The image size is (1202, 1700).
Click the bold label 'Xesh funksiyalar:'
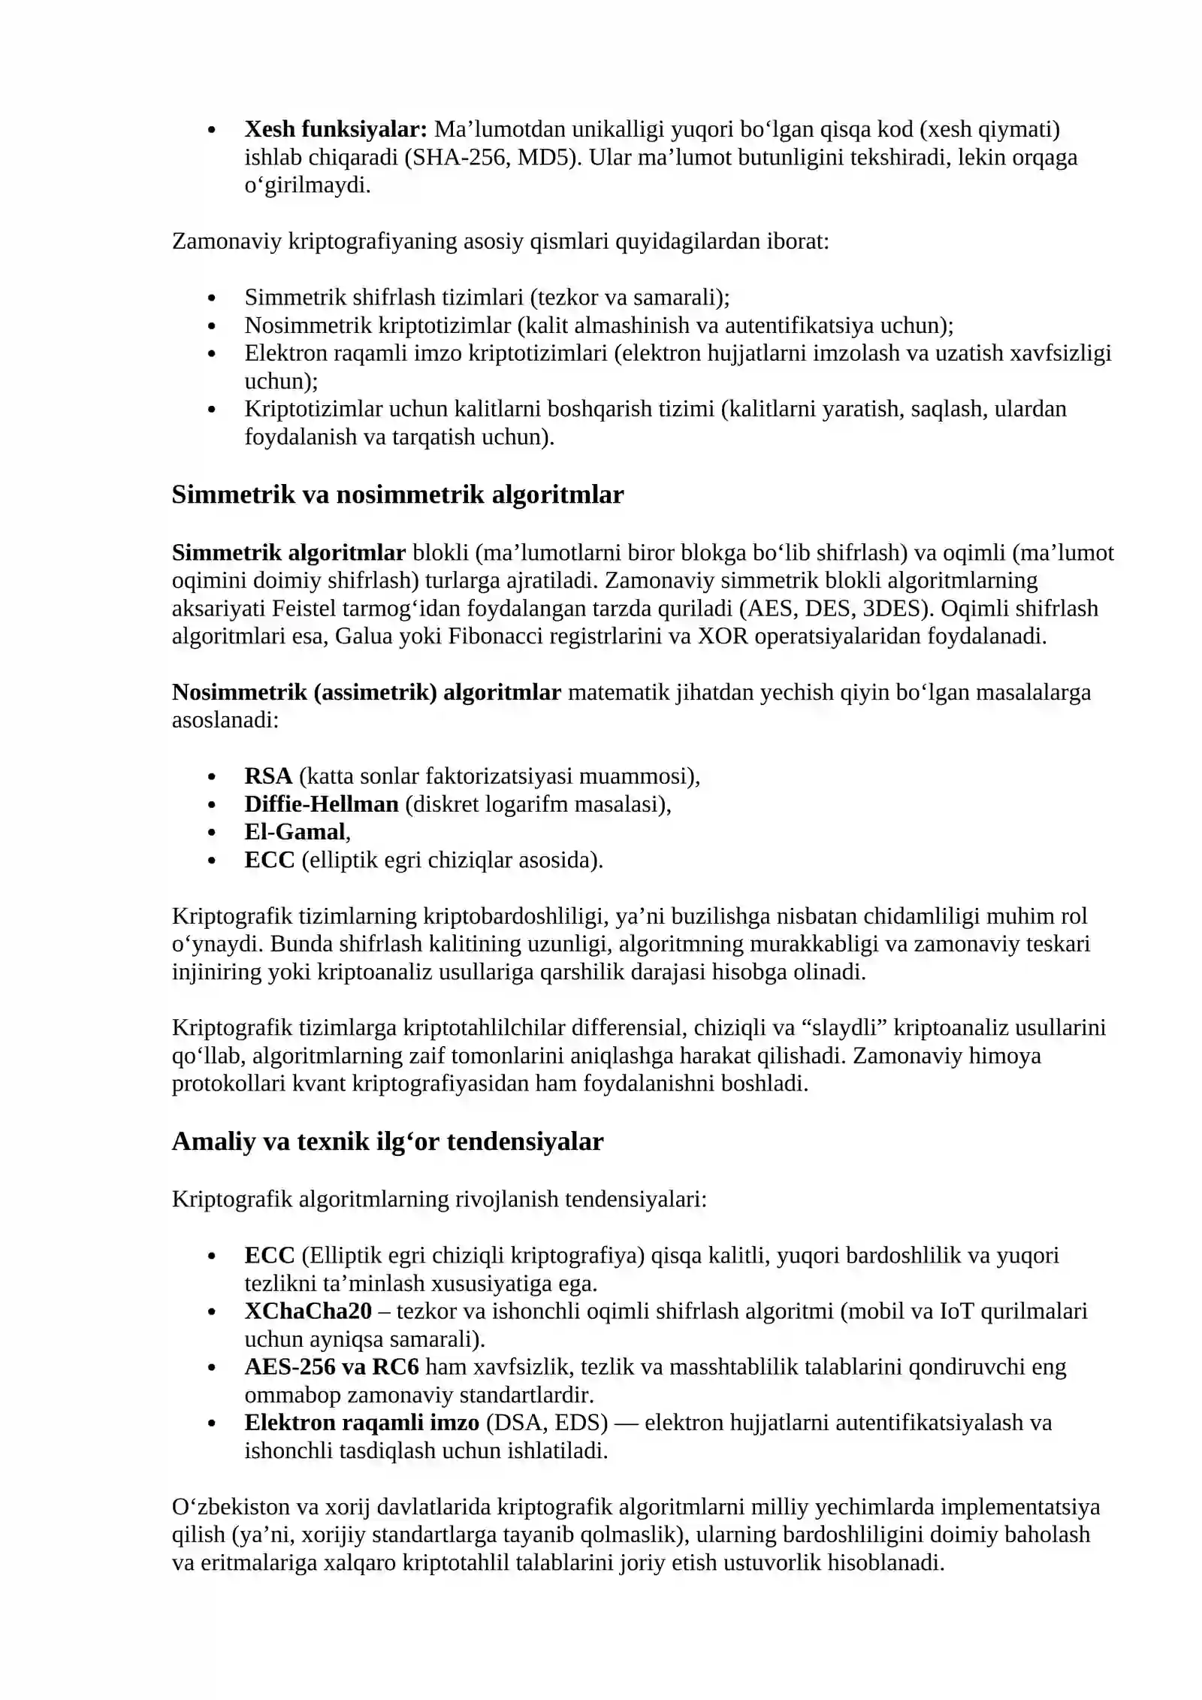click(336, 129)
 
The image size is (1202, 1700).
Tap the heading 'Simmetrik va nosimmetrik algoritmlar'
click(397, 495)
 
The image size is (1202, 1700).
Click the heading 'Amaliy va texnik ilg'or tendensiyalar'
click(388, 1141)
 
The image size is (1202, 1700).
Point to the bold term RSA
click(268, 776)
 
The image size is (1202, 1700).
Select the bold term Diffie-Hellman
click(322, 803)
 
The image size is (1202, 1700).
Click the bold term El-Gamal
click(294, 831)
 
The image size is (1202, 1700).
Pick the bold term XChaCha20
click(308, 1311)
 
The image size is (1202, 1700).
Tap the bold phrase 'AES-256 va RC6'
click(331, 1366)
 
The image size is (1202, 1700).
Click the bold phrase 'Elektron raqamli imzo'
click(361, 1422)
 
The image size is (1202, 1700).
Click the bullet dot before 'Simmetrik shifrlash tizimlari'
click(213, 298)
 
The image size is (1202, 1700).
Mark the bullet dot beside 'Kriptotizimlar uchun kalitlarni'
click(213, 410)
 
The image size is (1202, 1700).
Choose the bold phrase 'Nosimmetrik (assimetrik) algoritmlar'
click(366, 691)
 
